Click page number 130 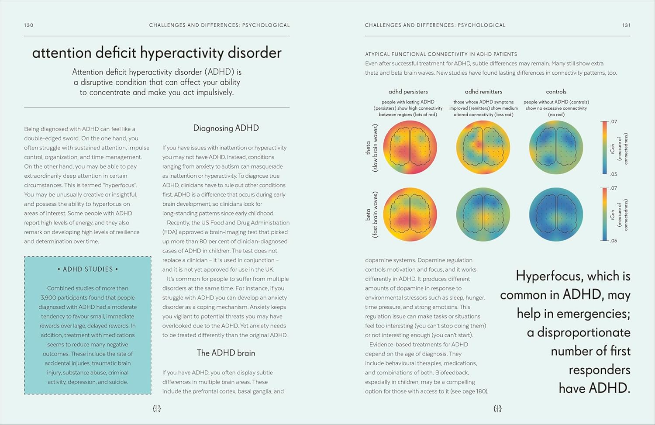(29, 25)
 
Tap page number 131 (626, 25)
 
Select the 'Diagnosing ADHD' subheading (226, 128)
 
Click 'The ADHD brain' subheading (226, 353)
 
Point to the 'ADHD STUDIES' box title (88, 270)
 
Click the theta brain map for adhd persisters (410, 147)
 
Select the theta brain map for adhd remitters (483, 147)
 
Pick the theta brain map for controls (556, 147)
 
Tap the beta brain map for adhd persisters (410, 214)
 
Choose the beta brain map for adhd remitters (483, 214)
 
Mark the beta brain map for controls (556, 214)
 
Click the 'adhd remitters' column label (483, 92)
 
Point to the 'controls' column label (556, 92)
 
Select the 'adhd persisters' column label (408, 92)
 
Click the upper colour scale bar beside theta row (605, 148)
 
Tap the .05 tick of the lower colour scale (614, 241)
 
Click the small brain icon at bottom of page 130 (157, 409)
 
